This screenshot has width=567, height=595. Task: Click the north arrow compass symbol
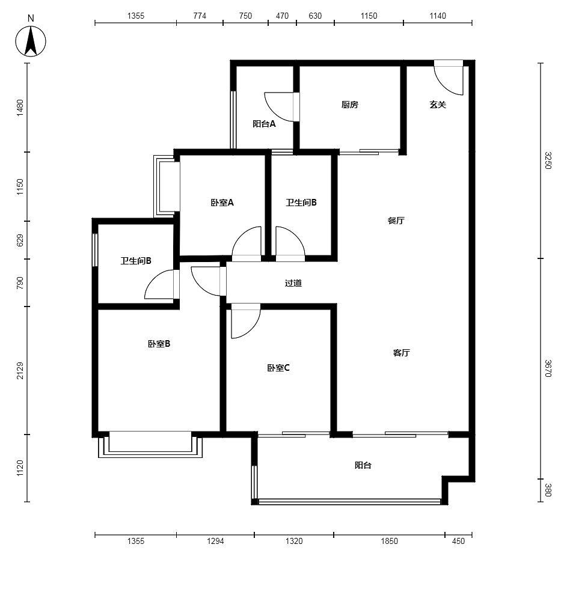pyautogui.click(x=31, y=41)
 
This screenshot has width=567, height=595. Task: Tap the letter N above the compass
pyautogui.click(x=31, y=18)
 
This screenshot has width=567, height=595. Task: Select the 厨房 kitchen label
pyautogui.click(x=349, y=105)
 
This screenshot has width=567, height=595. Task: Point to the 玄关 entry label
pyautogui.click(x=438, y=105)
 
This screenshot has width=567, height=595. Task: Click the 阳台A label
pyautogui.click(x=264, y=124)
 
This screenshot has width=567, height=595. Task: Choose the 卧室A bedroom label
pyautogui.click(x=222, y=203)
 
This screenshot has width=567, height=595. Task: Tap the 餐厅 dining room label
pyautogui.click(x=396, y=221)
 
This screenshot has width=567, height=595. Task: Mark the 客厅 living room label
pyautogui.click(x=401, y=353)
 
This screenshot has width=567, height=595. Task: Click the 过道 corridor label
pyautogui.click(x=293, y=283)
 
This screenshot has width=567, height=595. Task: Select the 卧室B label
pyautogui.click(x=159, y=344)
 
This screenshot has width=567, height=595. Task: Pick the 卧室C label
pyautogui.click(x=278, y=368)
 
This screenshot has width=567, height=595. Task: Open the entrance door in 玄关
pyautogui.click(x=449, y=78)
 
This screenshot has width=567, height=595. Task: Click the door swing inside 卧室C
pyautogui.click(x=245, y=321)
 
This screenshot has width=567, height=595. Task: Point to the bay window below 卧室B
pyautogui.click(x=150, y=444)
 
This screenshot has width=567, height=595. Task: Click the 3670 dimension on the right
pyautogui.click(x=547, y=368)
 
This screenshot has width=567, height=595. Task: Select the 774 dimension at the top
pyautogui.click(x=200, y=16)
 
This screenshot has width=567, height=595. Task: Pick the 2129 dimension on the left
pyautogui.click(x=20, y=371)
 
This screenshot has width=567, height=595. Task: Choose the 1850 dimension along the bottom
pyautogui.click(x=390, y=541)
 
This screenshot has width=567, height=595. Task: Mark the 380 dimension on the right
pyautogui.click(x=547, y=490)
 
